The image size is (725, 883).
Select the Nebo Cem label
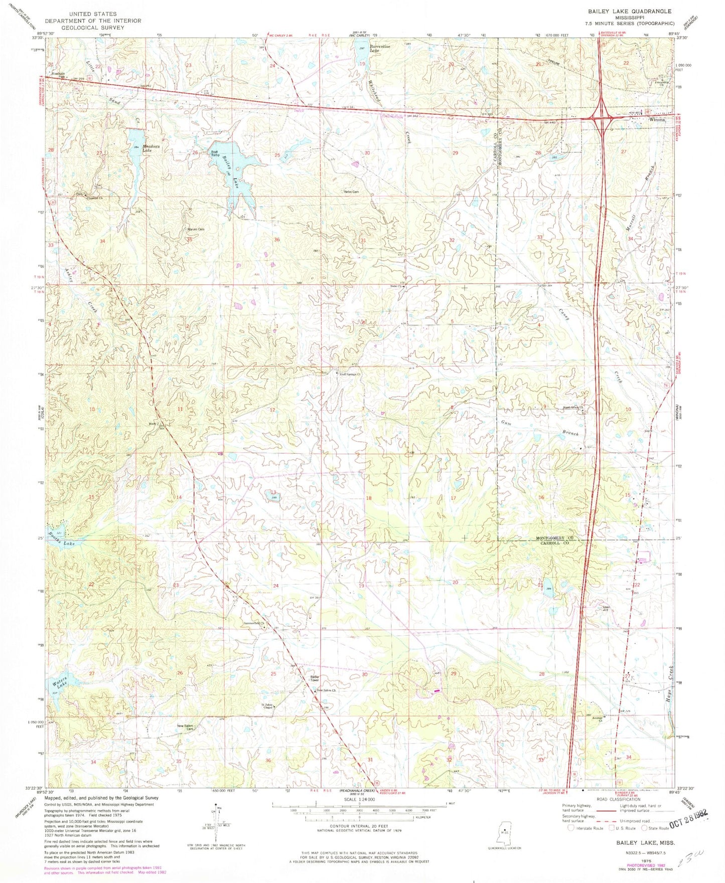(351, 192)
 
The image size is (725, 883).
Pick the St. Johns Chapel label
(268, 708)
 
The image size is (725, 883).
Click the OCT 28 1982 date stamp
(685, 826)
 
